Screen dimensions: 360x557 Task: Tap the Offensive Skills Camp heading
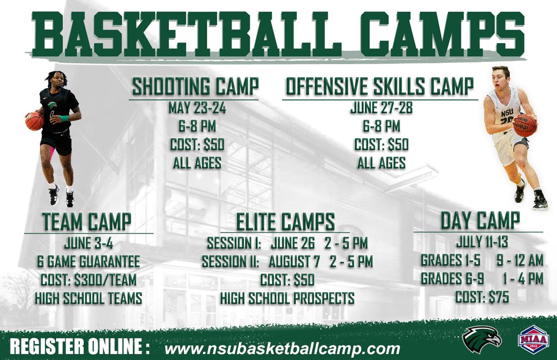click(x=380, y=87)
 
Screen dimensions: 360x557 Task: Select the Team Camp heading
click(x=87, y=222)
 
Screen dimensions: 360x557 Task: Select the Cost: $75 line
click(x=482, y=297)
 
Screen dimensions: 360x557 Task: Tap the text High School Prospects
click(x=287, y=298)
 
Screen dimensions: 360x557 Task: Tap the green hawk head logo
click(x=481, y=338)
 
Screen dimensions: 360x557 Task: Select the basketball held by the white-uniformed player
click(x=525, y=125)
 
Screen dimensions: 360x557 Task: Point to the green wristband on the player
click(x=63, y=118)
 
